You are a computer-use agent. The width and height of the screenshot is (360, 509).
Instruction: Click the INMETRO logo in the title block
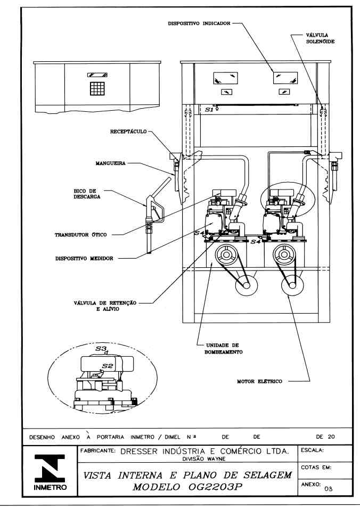tap(50, 472)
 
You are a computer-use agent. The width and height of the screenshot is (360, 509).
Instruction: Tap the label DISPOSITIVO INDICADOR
tap(199, 23)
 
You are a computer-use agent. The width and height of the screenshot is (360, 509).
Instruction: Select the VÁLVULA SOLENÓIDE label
tap(320, 38)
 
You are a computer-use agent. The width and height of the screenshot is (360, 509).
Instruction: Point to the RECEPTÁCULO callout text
tap(128, 132)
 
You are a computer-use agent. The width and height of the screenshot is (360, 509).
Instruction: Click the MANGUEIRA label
tap(110, 163)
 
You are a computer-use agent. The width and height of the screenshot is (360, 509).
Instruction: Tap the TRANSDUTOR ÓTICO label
tap(80, 235)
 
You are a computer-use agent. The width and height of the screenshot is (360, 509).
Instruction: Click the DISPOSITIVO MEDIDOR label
tap(84, 259)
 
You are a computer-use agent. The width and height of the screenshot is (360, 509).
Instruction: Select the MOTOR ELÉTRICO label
tap(259, 381)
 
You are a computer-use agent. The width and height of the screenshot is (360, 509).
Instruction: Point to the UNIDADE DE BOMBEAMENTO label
tap(223, 349)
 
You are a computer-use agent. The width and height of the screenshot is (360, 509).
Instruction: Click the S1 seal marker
tap(209, 110)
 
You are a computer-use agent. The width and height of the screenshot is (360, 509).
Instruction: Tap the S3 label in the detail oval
tap(101, 349)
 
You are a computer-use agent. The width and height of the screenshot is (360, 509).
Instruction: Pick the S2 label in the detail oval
tap(107, 366)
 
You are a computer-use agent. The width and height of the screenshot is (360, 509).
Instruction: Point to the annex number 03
tap(329, 489)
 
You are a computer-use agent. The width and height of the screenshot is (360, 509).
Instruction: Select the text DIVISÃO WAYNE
tap(204, 459)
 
